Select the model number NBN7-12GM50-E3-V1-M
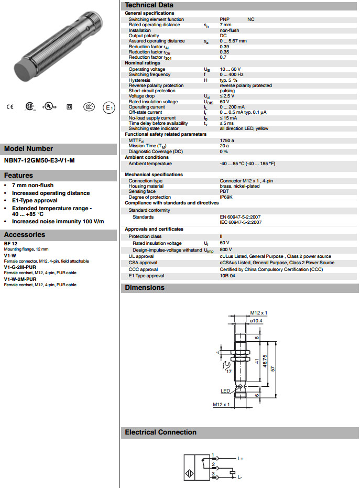[x=39, y=160]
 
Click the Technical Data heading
[x=149, y=5]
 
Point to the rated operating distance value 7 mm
[x=225, y=25]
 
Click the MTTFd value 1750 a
[x=227, y=140]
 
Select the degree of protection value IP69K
[x=226, y=197]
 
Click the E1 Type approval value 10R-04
[x=227, y=276]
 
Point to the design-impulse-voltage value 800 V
[x=226, y=250]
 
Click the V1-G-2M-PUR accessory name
[x=20, y=266]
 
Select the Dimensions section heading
[x=145, y=287]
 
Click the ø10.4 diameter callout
[x=256, y=320]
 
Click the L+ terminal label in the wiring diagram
[x=240, y=459]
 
